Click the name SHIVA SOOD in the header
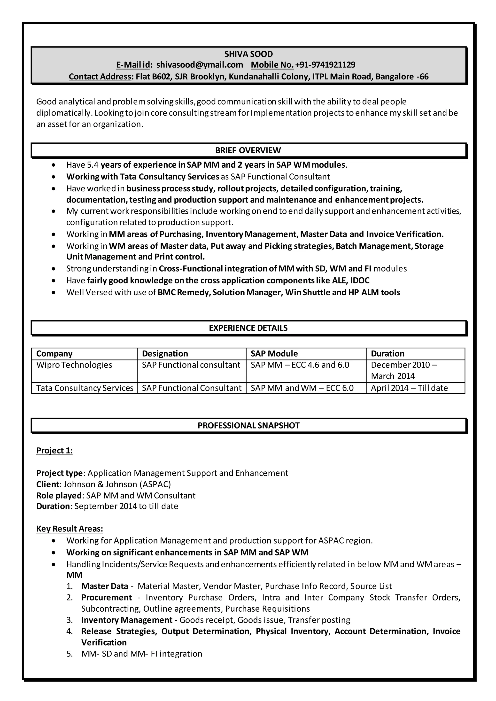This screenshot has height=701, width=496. click(248, 54)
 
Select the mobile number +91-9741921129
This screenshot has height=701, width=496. click(325, 65)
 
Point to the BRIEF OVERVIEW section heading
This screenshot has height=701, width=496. click(248, 150)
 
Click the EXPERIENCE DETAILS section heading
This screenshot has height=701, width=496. click(248, 328)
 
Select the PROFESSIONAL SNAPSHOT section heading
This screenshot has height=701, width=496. click(248, 426)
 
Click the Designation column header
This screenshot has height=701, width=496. click(165, 353)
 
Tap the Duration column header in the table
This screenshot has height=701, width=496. click(387, 353)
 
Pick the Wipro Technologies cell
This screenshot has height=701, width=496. click(74, 365)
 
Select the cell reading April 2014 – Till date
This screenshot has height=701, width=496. click(409, 388)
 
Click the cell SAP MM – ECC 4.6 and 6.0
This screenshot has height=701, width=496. click(300, 365)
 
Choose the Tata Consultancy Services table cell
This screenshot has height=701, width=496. click(85, 388)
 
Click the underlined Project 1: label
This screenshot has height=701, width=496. click(54, 451)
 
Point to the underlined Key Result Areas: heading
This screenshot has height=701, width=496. click(70, 529)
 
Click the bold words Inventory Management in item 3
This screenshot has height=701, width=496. click(127, 620)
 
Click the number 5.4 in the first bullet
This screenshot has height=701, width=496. click(93, 165)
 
